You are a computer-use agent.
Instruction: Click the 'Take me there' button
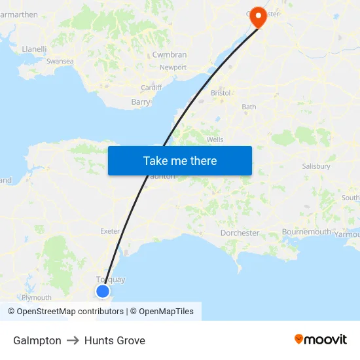tap(180, 160)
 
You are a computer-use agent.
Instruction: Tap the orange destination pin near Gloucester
tap(259, 16)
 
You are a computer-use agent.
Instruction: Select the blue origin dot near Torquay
tap(103, 291)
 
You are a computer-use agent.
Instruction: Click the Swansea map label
tap(60, 61)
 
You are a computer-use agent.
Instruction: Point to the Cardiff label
tap(151, 88)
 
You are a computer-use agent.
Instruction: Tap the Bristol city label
tap(221, 93)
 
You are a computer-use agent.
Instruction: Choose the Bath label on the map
tap(249, 107)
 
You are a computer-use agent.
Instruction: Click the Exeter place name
tap(110, 231)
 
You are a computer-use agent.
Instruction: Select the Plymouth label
tap(37, 297)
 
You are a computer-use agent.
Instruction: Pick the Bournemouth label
tap(306, 232)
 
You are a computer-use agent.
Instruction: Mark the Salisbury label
tap(316, 166)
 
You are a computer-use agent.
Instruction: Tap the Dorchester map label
tap(240, 232)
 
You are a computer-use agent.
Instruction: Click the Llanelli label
tap(34, 48)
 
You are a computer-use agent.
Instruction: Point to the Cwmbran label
tap(170, 55)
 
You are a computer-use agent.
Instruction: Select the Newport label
tap(173, 67)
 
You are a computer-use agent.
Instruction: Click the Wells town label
tap(215, 139)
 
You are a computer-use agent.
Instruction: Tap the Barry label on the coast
tap(141, 102)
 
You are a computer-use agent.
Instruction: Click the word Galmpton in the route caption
tap(37, 340)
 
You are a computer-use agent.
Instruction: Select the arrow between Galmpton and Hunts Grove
tap(73, 340)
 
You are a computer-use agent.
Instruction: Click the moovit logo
tap(321, 339)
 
